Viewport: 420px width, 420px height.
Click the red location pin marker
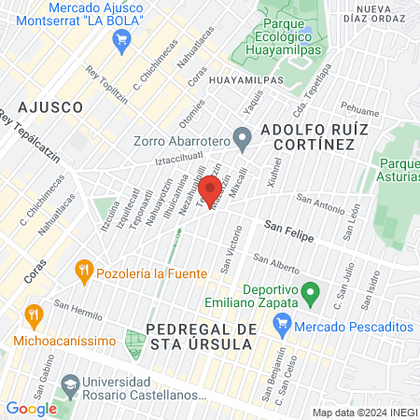[x=212, y=190]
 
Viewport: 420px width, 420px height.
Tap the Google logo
[x=32, y=408]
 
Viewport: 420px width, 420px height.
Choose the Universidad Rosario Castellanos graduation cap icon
[x=70, y=385]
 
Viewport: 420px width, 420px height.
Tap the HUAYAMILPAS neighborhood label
[x=245, y=81]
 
